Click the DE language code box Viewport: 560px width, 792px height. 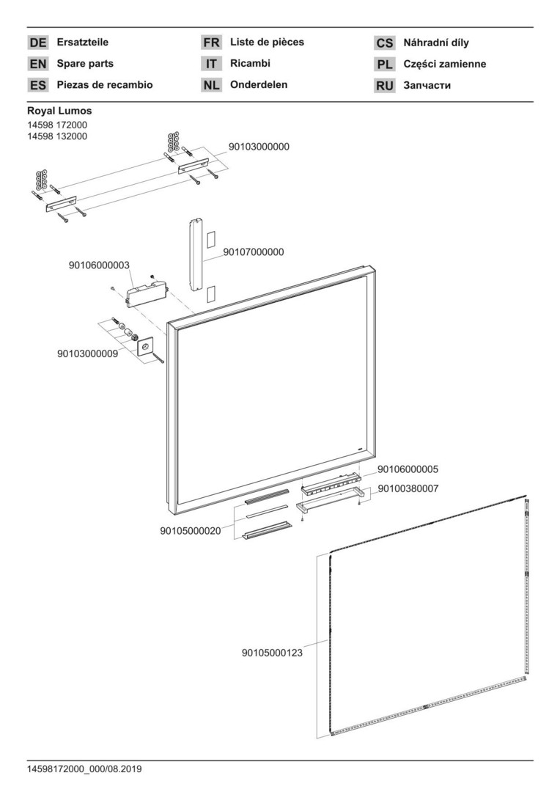point(38,43)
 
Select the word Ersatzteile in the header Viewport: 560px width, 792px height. point(82,43)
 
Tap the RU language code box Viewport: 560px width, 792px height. point(385,86)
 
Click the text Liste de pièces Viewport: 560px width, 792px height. point(267,42)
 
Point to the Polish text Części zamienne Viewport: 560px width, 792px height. point(444,65)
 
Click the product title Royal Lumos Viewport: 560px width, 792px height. point(59,111)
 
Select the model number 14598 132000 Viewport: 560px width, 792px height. point(57,136)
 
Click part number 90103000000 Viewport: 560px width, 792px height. point(259,147)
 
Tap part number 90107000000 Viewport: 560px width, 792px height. point(253,252)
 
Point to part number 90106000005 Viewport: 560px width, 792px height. point(408,469)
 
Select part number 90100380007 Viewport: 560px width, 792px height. point(408,488)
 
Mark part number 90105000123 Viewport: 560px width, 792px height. point(272,651)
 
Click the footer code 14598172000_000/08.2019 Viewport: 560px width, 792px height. point(84,769)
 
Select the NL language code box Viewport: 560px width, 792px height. point(211,85)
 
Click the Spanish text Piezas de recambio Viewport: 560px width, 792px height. point(105,85)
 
